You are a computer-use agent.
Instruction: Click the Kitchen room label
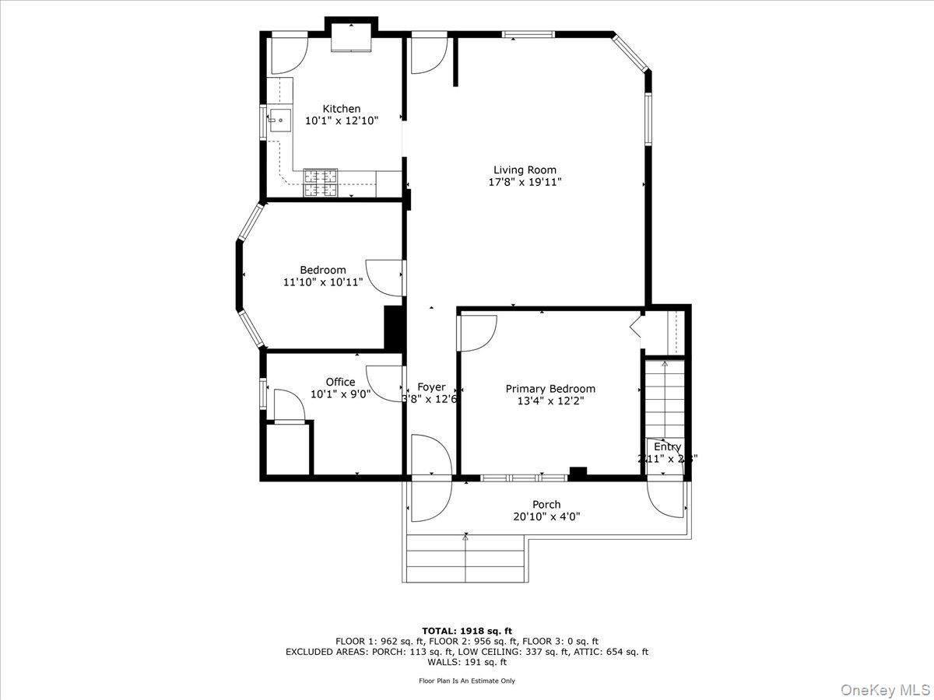(342, 109)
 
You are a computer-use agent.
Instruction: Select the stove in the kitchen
(321, 182)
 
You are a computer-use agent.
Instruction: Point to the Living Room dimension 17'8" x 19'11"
(525, 182)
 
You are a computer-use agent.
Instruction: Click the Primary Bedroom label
(550, 389)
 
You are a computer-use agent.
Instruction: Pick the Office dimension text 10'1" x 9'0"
(340, 394)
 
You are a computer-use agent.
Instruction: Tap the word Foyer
(431, 387)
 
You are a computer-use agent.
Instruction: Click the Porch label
(546, 505)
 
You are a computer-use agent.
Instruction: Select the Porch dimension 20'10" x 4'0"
(546, 516)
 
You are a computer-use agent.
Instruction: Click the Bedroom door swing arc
(384, 276)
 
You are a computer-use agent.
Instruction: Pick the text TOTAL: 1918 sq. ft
(467, 631)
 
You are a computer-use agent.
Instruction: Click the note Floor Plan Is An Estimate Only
(467, 681)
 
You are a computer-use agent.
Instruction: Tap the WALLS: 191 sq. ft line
(467, 663)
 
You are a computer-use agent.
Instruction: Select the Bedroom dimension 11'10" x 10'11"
(323, 282)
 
